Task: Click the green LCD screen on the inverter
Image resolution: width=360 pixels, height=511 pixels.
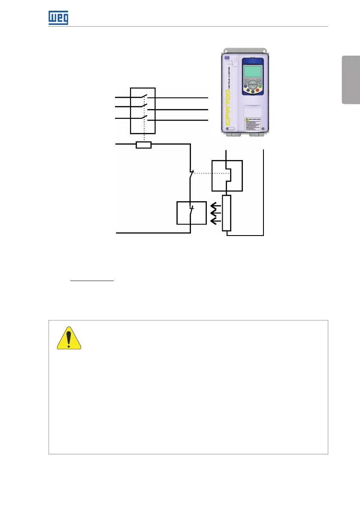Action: tap(253, 70)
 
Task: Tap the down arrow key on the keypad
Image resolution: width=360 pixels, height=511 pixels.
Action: tap(253, 91)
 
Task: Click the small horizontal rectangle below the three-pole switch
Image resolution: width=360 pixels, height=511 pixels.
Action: tap(143, 145)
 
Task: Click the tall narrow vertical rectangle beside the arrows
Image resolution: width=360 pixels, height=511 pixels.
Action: tap(227, 213)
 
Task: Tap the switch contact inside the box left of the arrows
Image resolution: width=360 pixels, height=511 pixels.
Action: tap(191, 212)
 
